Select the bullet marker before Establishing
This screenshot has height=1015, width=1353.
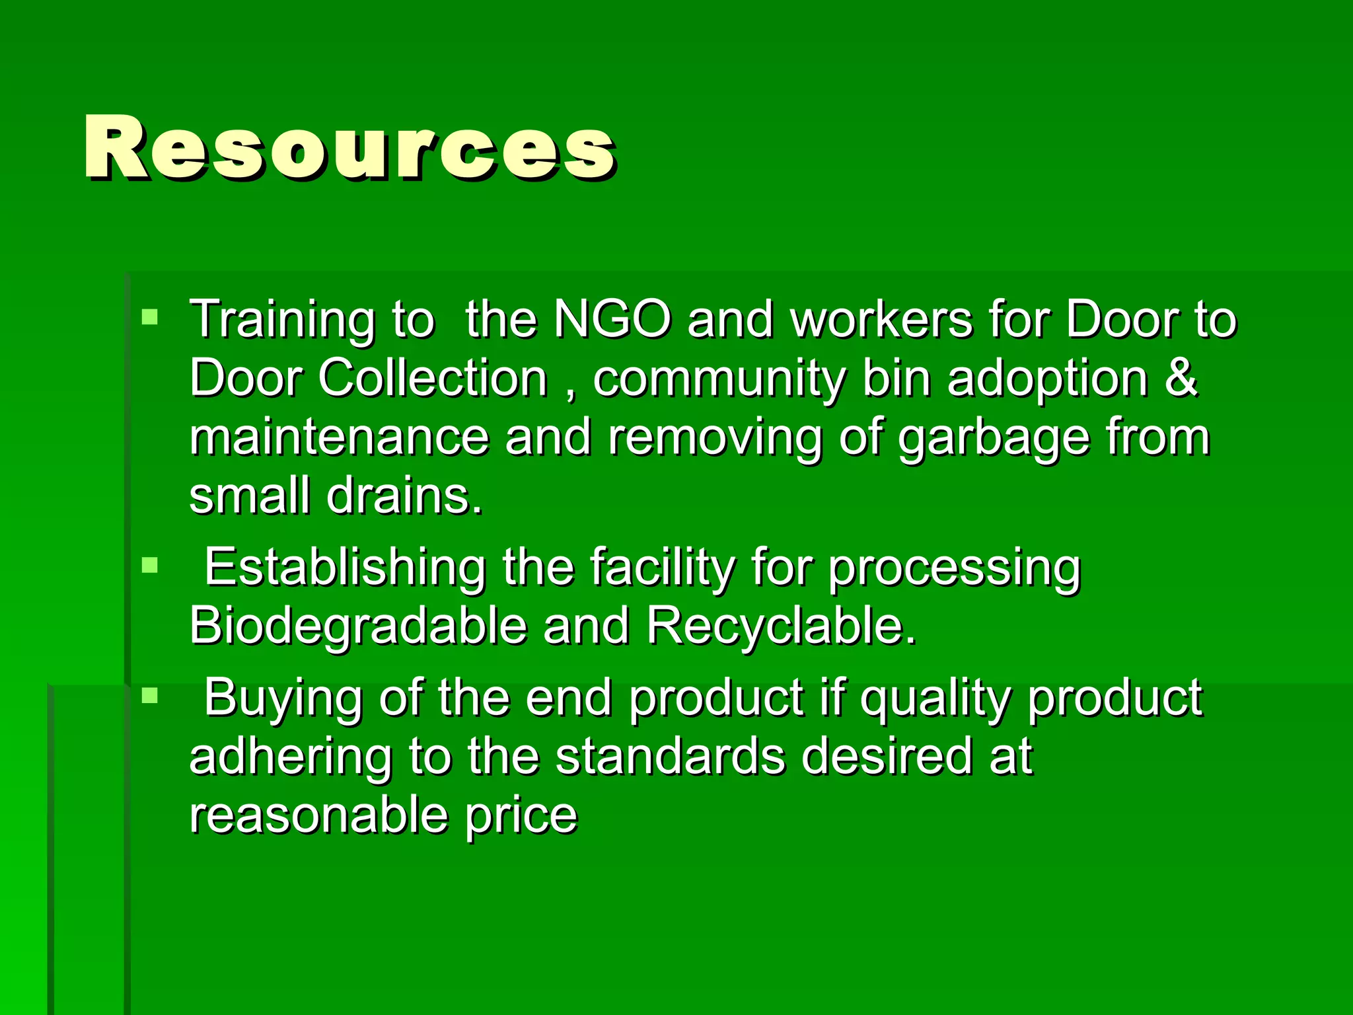[150, 565]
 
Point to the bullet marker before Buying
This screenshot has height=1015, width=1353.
[150, 695]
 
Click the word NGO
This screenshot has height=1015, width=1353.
[612, 320]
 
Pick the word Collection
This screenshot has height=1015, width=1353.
[433, 379]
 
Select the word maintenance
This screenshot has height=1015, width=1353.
[339, 437]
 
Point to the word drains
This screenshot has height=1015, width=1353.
[404, 496]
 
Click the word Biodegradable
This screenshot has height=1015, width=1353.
[357, 626]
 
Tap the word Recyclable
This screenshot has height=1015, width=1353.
[780, 626]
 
